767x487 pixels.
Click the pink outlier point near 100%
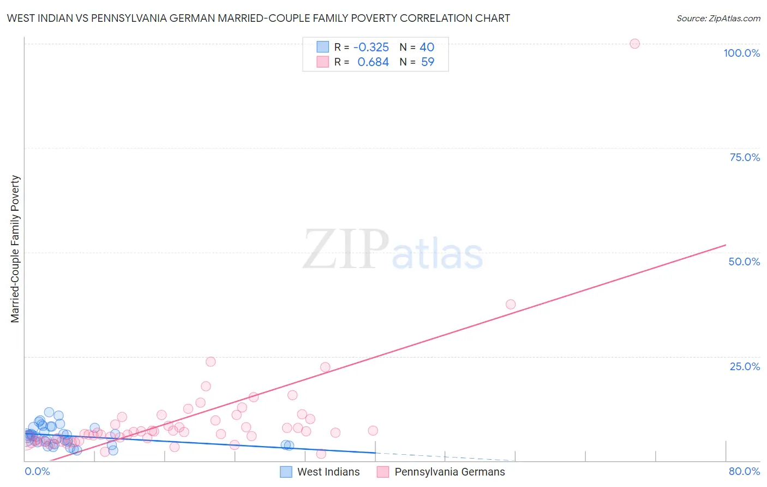(x=634, y=44)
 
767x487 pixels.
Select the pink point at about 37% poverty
(x=511, y=304)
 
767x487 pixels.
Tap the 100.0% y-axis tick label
(x=741, y=53)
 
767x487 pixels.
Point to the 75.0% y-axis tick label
(x=745, y=157)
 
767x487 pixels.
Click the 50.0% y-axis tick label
(x=744, y=262)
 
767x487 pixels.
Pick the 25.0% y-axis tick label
(x=745, y=366)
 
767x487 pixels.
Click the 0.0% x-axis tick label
(x=37, y=471)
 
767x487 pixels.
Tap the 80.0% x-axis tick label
(x=744, y=471)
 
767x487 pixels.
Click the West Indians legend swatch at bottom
(x=286, y=472)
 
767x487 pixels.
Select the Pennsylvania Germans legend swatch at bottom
(x=383, y=472)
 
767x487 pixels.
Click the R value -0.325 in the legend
(x=371, y=47)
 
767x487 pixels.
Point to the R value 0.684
(x=373, y=62)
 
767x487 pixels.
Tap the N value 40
(x=427, y=47)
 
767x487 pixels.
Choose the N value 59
(x=428, y=62)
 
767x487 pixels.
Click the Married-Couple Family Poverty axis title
(x=15, y=249)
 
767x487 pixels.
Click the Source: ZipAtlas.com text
(x=718, y=18)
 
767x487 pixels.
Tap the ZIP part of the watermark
(x=346, y=250)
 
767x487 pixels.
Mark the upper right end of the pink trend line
(x=726, y=245)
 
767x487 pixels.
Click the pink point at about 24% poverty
(x=211, y=361)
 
